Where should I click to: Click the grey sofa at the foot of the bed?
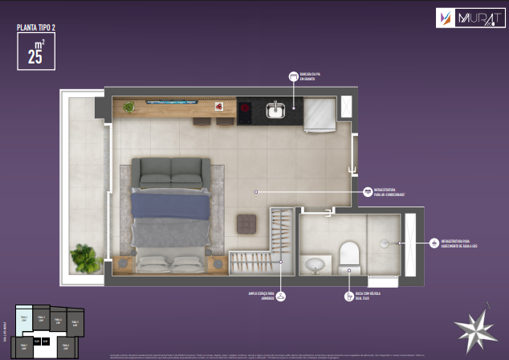pyautogui.click(x=170, y=173)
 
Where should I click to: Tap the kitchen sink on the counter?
pyautogui.click(x=276, y=110)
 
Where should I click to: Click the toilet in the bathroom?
pyautogui.click(x=348, y=256)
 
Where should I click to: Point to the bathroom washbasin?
pyautogui.click(x=315, y=264)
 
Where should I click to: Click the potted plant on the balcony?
pyautogui.click(x=85, y=258)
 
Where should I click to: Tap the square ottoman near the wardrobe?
pyautogui.click(x=246, y=223)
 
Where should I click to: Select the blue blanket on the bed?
pyautogui.click(x=170, y=206)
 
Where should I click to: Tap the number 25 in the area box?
pyautogui.click(x=35, y=56)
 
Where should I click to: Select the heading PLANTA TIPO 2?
pyautogui.click(x=36, y=27)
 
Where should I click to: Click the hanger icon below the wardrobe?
pyautogui.click(x=281, y=297)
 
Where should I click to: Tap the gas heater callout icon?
pyautogui.click(x=434, y=242)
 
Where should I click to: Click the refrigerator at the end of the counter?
pyautogui.click(x=319, y=115)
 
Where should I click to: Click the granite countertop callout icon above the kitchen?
pyautogui.click(x=293, y=76)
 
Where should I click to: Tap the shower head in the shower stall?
pyautogui.click(x=385, y=243)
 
